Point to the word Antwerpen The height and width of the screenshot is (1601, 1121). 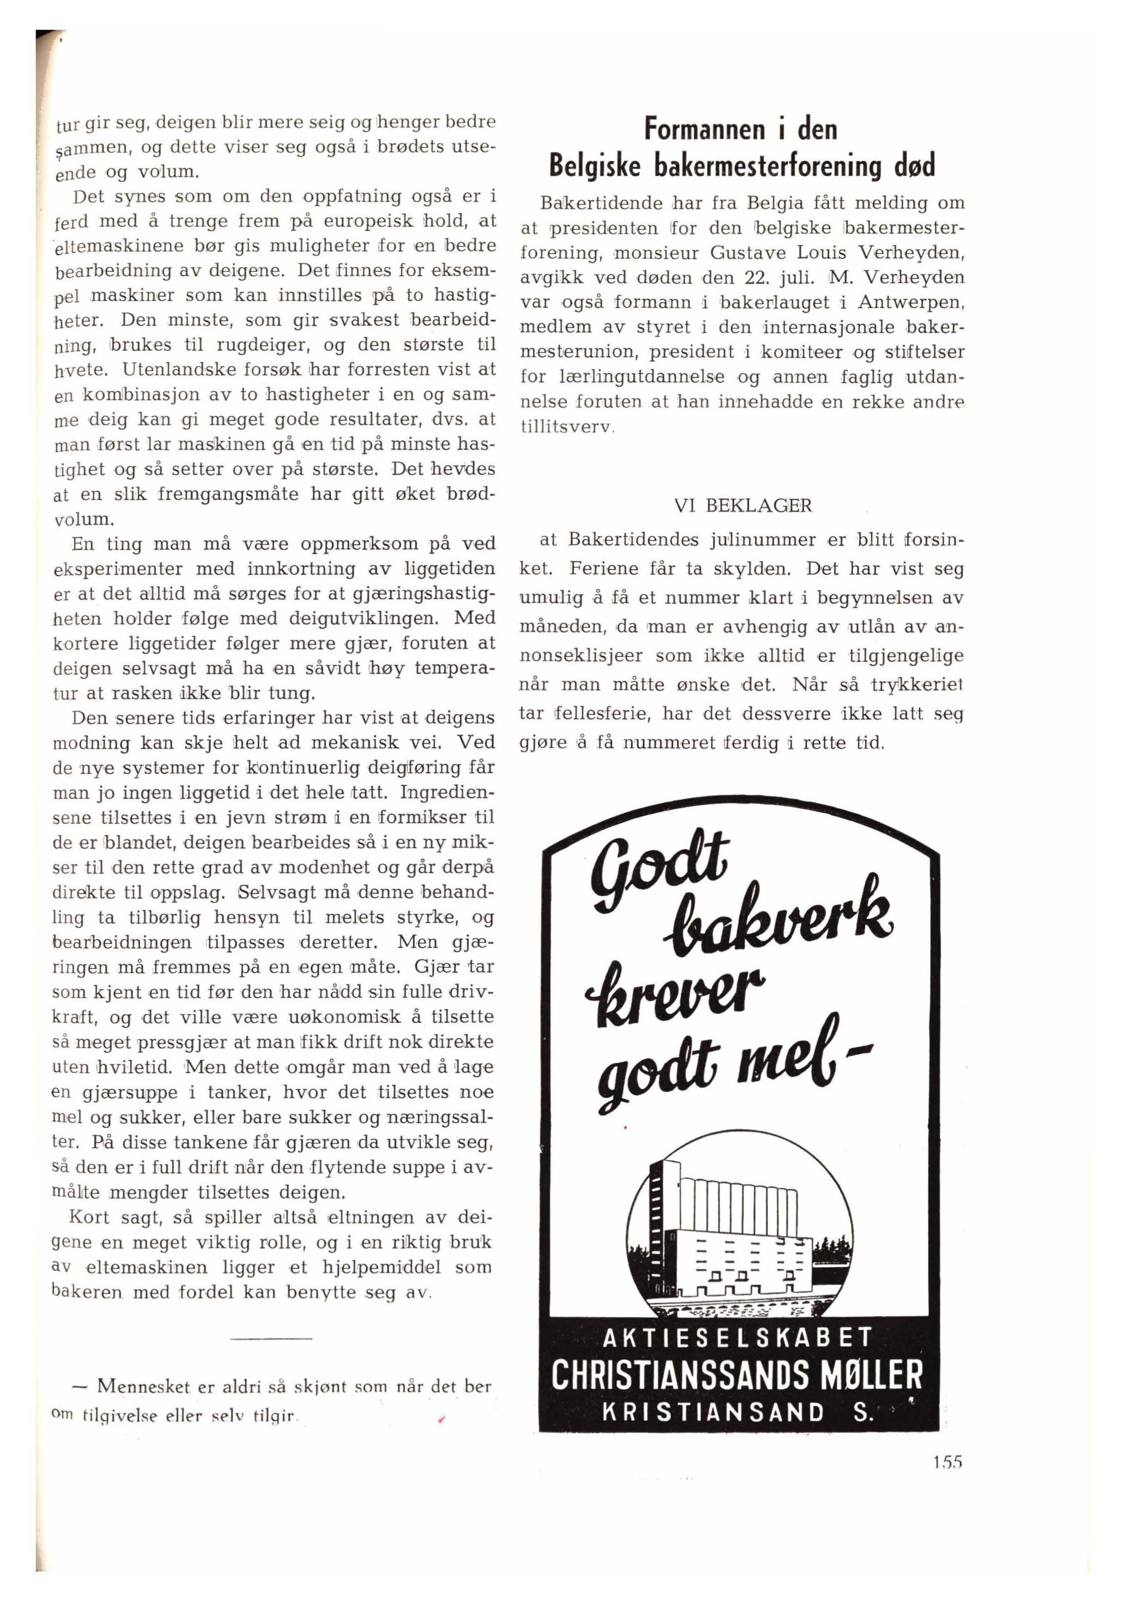tap(910, 303)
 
